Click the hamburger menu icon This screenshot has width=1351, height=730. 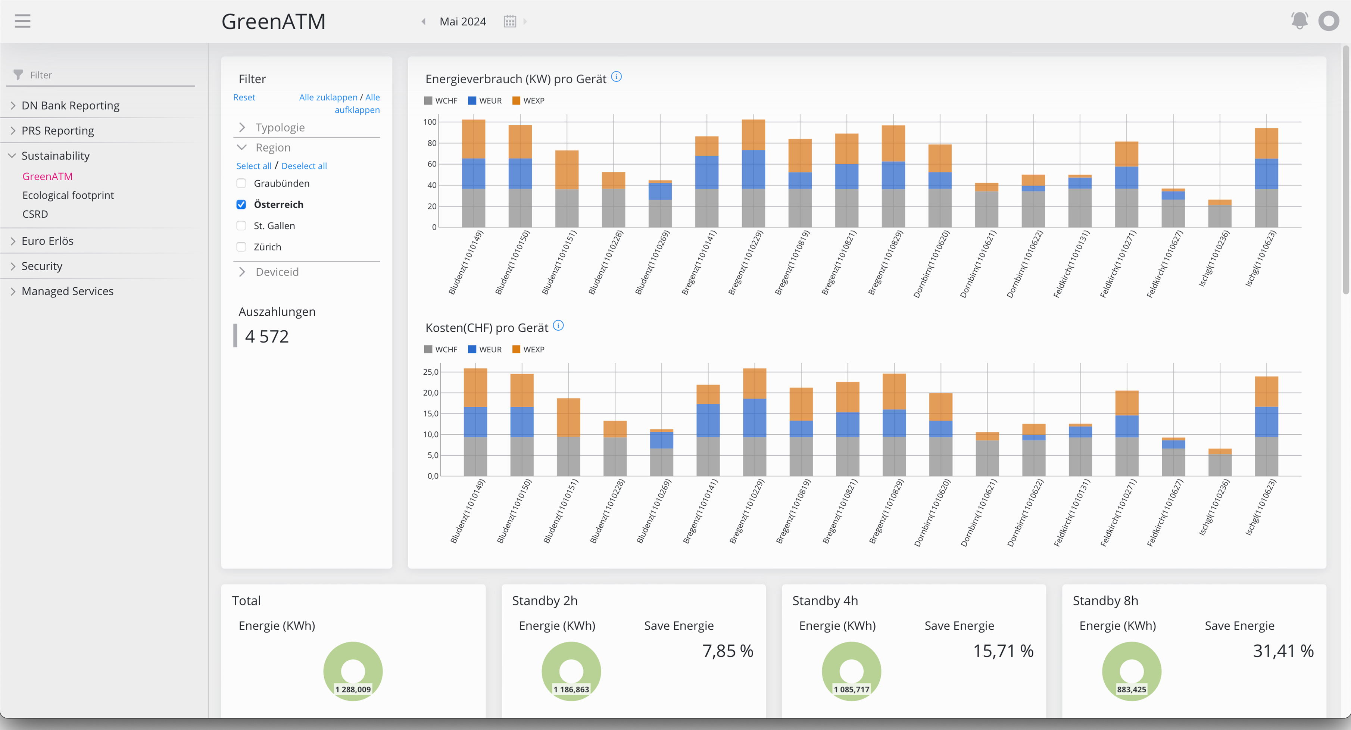[x=22, y=21]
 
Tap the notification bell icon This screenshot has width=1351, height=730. [x=1299, y=21]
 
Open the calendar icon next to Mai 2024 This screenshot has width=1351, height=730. [x=510, y=22]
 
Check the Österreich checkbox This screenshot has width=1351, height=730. [x=241, y=205]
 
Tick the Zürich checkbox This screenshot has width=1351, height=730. [x=241, y=247]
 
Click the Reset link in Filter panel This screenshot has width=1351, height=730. [x=244, y=97]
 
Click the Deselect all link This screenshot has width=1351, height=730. [x=304, y=166]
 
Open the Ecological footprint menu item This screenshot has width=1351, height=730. [x=68, y=195]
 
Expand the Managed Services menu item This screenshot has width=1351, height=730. [x=67, y=291]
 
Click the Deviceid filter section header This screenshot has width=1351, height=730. [x=277, y=272]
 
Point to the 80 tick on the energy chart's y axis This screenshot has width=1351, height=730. [x=432, y=143]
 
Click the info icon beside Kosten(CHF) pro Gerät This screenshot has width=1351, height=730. [x=559, y=326]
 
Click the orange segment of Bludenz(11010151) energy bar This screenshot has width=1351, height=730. [x=567, y=169]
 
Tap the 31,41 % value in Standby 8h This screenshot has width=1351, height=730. [x=1283, y=651]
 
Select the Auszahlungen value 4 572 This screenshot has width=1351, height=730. [x=267, y=336]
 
